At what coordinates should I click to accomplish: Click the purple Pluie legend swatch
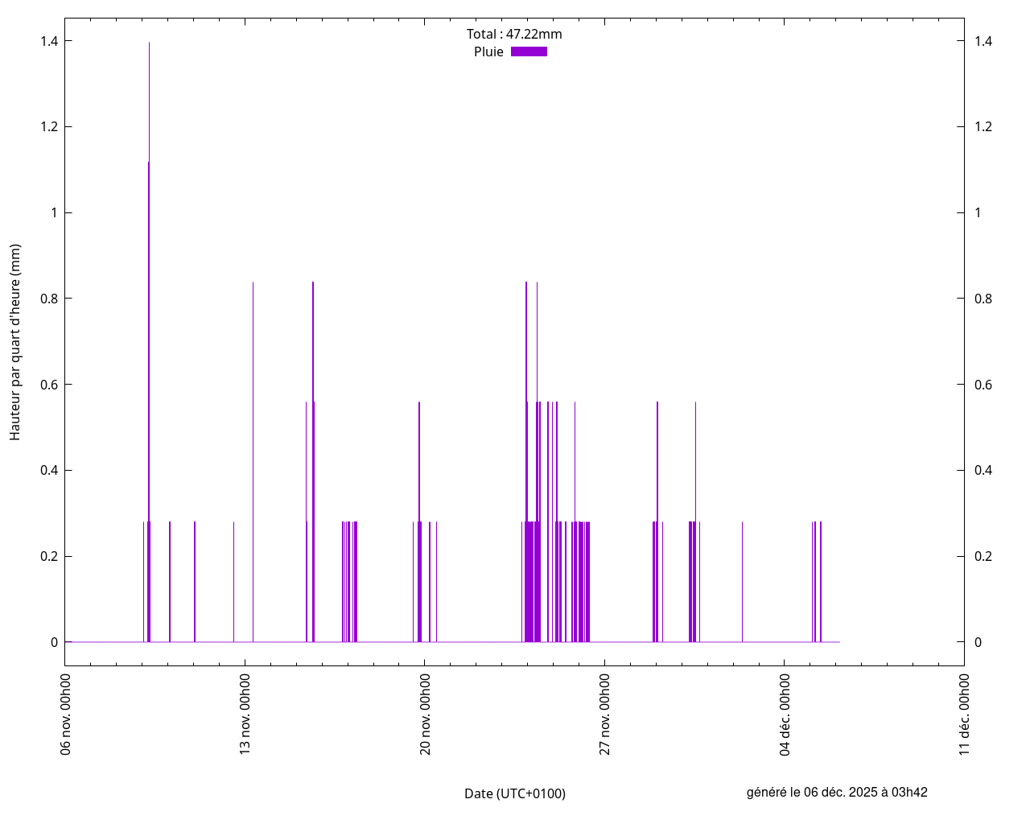coord(529,51)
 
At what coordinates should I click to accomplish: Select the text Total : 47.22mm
coord(514,34)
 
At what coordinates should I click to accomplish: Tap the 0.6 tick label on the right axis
coord(983,384)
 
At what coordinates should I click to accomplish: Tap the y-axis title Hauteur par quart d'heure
coord(15,342)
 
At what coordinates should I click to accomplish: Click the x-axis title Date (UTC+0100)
coord(515,793)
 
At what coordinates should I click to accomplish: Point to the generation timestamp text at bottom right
coord(837,792)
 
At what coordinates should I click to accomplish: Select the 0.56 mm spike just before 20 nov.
coord(419,483)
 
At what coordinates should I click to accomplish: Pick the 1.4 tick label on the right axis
coord(983,41)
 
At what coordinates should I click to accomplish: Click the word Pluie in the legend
coord(488,51)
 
